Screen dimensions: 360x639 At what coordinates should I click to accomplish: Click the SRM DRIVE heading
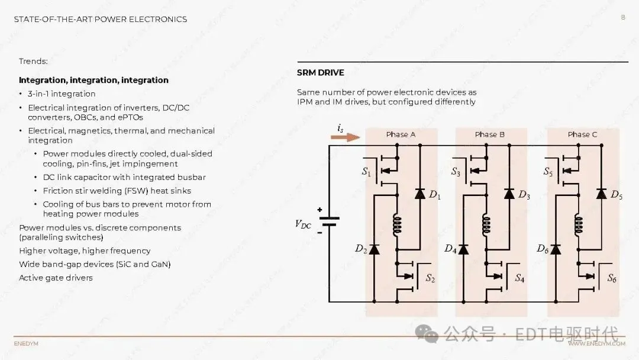(x=320, y=73)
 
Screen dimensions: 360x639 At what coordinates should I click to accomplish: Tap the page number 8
(x=622, y=18)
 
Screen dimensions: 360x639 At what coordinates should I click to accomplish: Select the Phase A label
(x=401, y=134)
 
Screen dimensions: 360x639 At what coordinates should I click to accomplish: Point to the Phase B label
(x=489, y=134)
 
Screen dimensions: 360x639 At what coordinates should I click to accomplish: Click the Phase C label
(x=582, y=134)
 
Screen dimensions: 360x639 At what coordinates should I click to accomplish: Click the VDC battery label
(x=303, y=224)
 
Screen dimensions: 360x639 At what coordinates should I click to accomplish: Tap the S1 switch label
(x=366, y=172)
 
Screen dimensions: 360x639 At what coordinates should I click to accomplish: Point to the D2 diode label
(x=361, y=249)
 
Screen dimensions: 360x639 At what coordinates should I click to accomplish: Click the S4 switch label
(x=519, y=278)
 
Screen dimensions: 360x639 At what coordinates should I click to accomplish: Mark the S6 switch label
(x=611, y=278)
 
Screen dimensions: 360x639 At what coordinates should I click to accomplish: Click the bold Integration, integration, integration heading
(x=93, y=80)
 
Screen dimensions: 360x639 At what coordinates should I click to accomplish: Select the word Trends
(x=33, y=61)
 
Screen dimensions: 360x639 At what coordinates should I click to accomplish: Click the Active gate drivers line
(x=56, y=278)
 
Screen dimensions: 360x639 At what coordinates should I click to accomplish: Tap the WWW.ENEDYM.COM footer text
(x=596, y=343)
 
